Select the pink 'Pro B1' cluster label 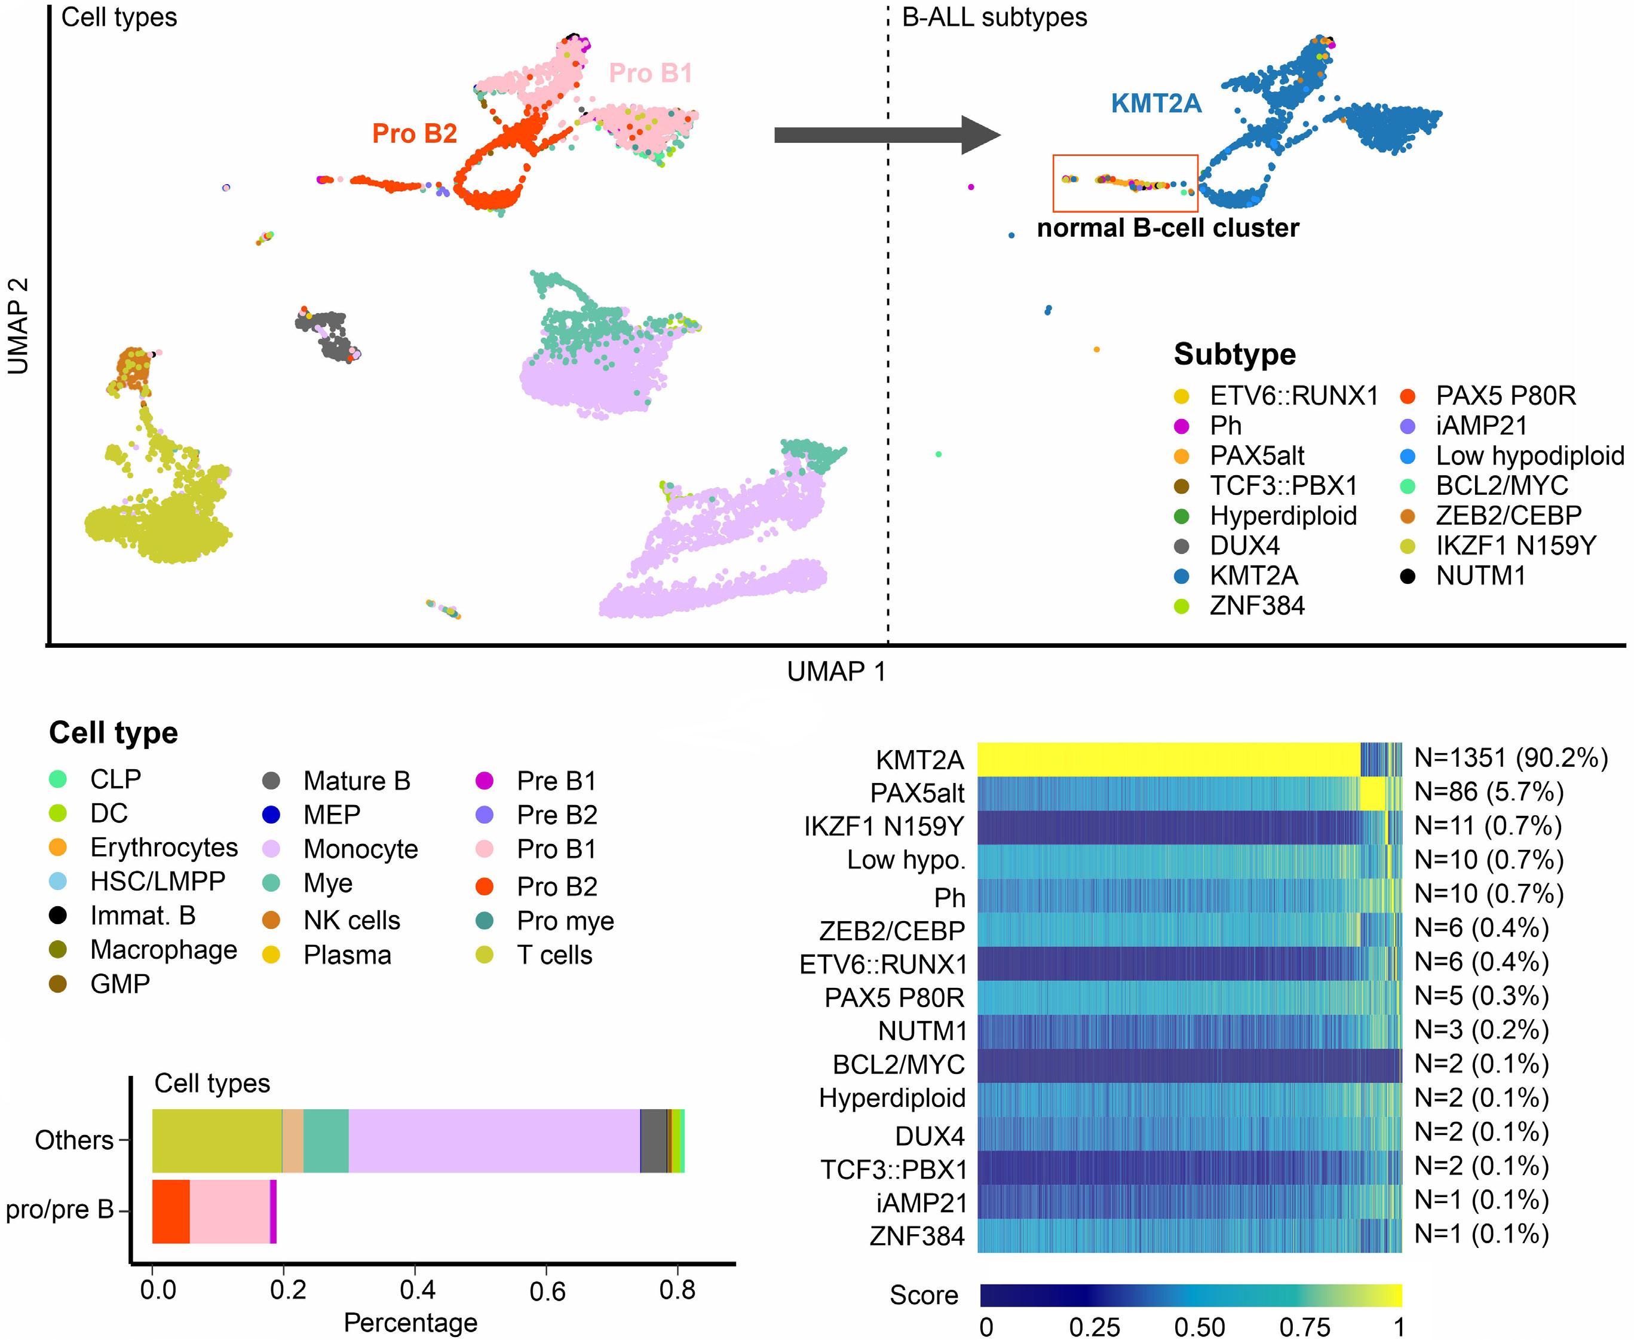651,74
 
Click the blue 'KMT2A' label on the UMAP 1155,103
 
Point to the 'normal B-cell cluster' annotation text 1167,228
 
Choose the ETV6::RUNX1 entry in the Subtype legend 1293,396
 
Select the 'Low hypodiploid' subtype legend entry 1529,456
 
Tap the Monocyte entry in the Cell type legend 360,849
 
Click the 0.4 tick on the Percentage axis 416,1290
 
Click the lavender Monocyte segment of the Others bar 493,1141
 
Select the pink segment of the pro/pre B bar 229,1211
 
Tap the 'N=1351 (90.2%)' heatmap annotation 1510,758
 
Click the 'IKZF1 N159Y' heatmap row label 884,827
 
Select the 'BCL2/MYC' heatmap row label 898,1064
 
